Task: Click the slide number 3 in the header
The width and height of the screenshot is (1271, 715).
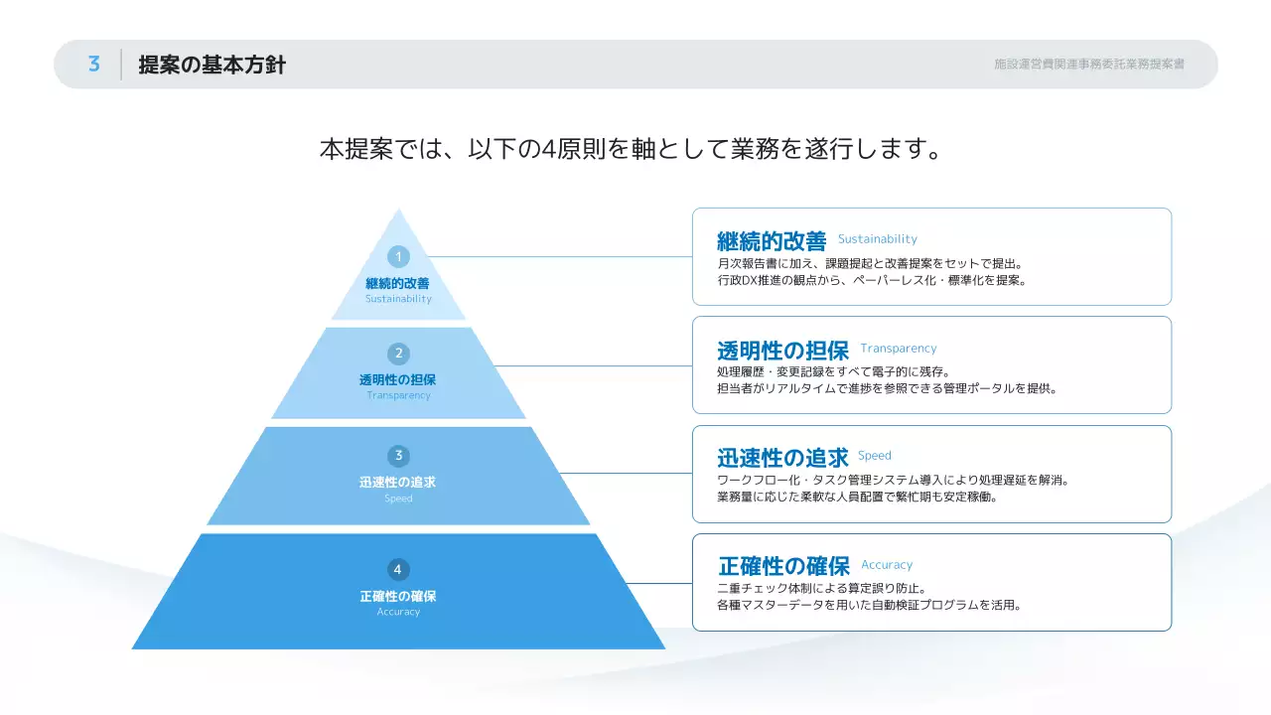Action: (94, 65)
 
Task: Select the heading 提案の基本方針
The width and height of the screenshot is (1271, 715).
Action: (212, 66)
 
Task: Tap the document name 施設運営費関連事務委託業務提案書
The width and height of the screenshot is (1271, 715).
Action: (1088, 65)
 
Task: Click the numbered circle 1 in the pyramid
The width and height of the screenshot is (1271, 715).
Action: (398, 257)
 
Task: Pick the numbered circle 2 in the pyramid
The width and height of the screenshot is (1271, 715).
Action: (398, 354)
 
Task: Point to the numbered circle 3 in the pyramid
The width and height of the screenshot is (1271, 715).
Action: (398, 456)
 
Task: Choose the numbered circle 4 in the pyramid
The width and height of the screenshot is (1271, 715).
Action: (398, 569)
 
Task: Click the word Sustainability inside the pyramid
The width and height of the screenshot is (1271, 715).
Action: (398, 299)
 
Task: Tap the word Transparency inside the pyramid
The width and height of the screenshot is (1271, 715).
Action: (398, 395)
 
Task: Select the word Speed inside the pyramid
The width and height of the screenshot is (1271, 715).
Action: (398, 499)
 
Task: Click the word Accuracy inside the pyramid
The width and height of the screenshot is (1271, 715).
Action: (398, 612)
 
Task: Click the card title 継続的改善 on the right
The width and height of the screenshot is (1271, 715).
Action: (772, 241)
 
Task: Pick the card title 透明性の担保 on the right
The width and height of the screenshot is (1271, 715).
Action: (782, 351)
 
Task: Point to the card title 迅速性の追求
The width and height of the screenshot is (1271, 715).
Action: (782, 458)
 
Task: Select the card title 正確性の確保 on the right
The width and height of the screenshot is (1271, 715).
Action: (783, 566)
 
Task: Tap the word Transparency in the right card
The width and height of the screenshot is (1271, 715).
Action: (898, 349)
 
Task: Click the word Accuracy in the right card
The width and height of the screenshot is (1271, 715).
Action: (886, 565)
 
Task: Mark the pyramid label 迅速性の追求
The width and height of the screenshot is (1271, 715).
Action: (398, 483)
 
